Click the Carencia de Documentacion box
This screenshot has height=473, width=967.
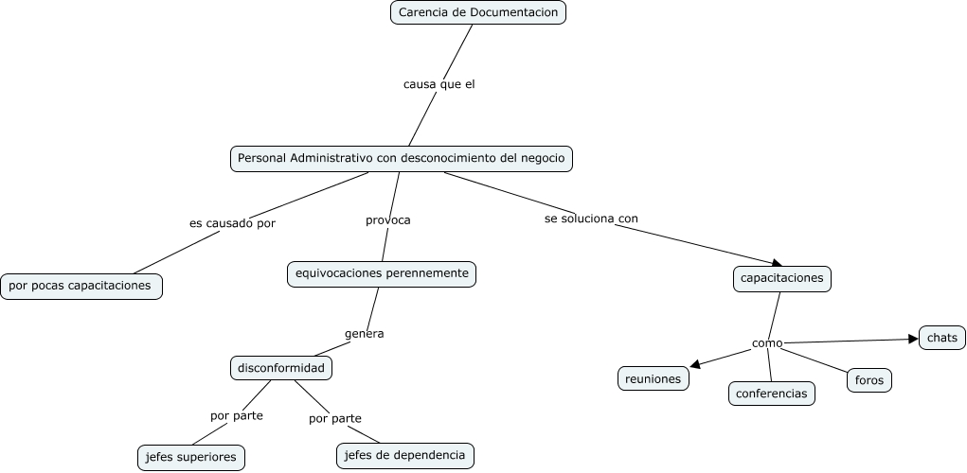[478, 12]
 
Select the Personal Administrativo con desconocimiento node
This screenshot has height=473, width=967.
[402, 158]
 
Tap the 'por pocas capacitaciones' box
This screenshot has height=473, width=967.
[81, 286]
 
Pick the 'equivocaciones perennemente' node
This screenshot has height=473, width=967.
[382, 273]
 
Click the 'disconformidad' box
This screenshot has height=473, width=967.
[281, 368]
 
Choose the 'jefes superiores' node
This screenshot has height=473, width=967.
[191, 458]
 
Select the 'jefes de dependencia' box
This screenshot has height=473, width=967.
[404, 456]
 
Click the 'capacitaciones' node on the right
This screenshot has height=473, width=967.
[782, 279]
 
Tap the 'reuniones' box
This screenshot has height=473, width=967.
[654, 378]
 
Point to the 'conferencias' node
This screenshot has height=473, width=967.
[772, 394]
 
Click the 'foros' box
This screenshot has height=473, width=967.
[869, 380]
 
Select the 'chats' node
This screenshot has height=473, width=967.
[942, 338]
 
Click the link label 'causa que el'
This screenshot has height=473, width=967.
[439, 84]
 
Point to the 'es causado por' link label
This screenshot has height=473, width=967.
[232, 224]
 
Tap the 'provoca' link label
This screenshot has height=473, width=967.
[388, 220]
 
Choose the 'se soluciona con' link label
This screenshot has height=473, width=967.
[591, 219]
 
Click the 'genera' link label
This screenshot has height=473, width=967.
[364, 334]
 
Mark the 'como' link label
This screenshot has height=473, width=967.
[767, 342]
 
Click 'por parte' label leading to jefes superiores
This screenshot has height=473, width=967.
[237, 415]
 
